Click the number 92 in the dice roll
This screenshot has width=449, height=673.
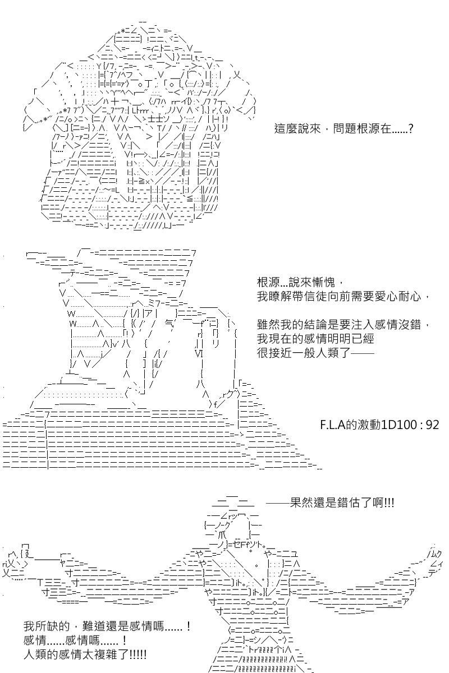click(432, 425)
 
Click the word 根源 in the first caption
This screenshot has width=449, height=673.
click(369, 129)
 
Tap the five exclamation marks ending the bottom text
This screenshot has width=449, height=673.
click(139, 654)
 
